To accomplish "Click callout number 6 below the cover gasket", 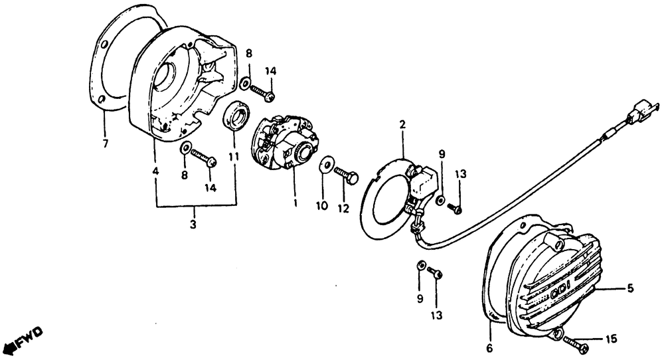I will pyautogui.click(x=489, y=347).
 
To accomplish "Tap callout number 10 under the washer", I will pyautogui.click(x=322, y=206).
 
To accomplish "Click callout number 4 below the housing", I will pyautogui.click(x=155, y=171).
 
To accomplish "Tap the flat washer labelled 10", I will pyautogui.click(x=326, y=166).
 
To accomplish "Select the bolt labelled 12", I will pyautogui.click(x=347, y=174).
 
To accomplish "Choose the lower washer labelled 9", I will pyautogui.click(x=420, y=266).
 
